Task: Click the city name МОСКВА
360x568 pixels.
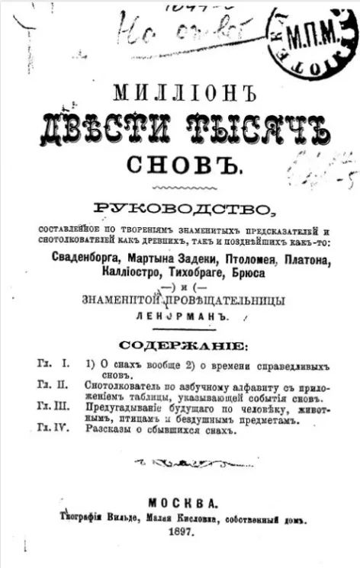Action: [181, 503]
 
